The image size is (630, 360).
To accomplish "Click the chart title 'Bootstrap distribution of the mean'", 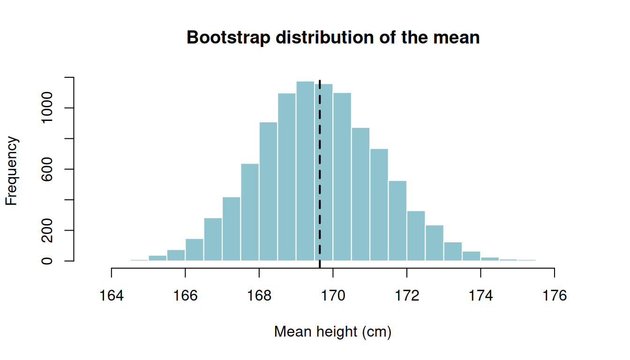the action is [x=333, y=37].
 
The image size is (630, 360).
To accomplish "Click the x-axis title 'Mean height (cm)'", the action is [x=333, y=332].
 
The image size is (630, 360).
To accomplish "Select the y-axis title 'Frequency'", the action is [x=12, y=171].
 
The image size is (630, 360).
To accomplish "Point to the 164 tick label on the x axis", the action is [x=112, y=296].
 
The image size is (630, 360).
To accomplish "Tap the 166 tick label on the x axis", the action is [x=185, y=296].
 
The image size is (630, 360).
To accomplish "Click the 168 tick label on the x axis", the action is [x=259, y=296].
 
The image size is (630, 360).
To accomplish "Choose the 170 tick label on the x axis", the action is [x=333, y=296].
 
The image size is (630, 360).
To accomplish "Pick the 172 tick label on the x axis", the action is [x=407, y=296].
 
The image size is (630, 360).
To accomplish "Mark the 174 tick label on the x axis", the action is [x=480, y=296].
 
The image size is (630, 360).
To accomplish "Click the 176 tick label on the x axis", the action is [x=555, y=296].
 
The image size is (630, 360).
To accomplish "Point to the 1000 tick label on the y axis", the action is [x=47, y=108].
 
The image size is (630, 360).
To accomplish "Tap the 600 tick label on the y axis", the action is [x=47, y=169].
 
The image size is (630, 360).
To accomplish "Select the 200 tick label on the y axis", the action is [x=47, y=230].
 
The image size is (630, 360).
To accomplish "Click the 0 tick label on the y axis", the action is [x=47, y=261].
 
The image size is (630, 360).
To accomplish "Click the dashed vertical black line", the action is [x=320, y=174].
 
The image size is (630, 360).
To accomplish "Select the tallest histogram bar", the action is [x=305, y=171].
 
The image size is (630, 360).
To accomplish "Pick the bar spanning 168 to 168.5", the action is [x=268, y=192].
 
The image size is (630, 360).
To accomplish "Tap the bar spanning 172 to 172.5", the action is [x=416, y=236].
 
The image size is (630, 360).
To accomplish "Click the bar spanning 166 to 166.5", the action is [x=195, y=250].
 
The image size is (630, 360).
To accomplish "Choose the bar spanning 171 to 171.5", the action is [x=379, y=205].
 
